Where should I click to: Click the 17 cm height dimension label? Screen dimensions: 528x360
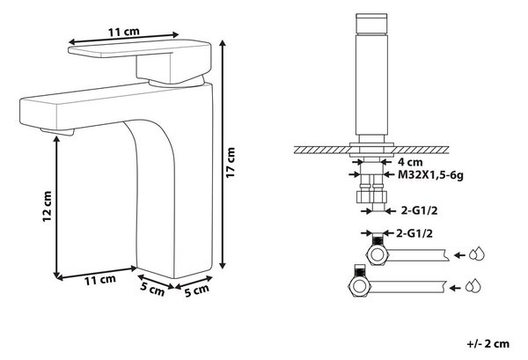[x=231, y=163]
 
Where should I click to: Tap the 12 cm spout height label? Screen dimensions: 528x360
[x=48, y=206]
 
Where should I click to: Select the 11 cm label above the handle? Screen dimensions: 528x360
[x=123, y=32]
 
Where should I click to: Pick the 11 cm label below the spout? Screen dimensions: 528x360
[x=99, y=280]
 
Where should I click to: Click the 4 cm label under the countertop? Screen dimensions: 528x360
[x=410, y=162]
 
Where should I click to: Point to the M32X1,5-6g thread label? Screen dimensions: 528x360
[x=430, y=175]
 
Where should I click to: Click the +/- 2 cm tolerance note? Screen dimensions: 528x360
[x=488, y=344]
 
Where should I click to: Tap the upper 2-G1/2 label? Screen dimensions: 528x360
[x=419, y=211]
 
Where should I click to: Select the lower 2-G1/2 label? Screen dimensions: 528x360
[x=414, y=233]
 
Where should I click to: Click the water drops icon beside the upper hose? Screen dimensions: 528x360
[x=477, y=253]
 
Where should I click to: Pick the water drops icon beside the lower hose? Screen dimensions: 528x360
[x=473, y=285]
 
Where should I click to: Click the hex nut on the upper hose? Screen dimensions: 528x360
[x=378, y=254]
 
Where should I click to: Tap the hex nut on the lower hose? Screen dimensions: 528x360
[x=359, y=286]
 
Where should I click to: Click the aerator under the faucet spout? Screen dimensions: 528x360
[x=57, y=132]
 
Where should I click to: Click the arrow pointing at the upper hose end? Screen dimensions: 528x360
[x=459, y=255]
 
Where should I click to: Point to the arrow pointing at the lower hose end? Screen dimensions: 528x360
[x=455, y=288]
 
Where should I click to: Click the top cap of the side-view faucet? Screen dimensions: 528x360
[x=371, y=23]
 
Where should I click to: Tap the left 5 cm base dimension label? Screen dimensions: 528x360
[x=152, y=289]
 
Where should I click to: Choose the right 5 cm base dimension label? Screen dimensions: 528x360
[x=197, y=290]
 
